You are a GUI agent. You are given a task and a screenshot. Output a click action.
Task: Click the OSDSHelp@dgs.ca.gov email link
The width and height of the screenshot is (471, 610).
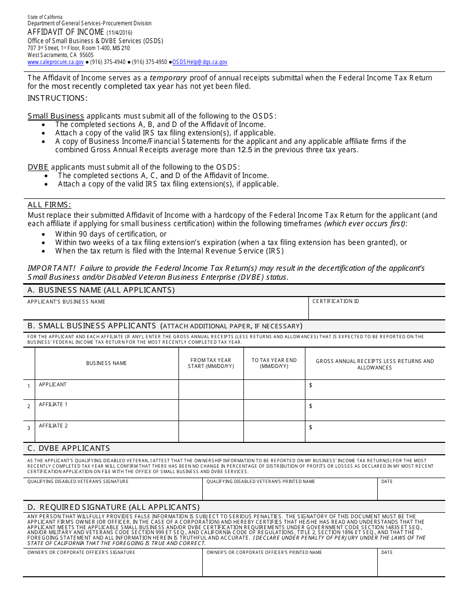pyautogui.click(x=200, y=62)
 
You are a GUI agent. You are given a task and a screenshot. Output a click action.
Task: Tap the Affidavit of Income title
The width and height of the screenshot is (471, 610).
pyautogui.click(x=65, y=32)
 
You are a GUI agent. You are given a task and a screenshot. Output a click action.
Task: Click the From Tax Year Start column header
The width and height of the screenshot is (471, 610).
pyautogui.click(x=211, y=363)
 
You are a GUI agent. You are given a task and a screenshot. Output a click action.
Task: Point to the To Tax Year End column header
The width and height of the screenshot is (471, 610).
pyautogui.click(x=274, y=363)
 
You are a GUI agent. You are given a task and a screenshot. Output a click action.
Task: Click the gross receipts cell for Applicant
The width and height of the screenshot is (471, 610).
pyautogui.click(x=375, y=389)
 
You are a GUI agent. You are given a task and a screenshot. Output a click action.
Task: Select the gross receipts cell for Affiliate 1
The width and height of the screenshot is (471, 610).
pyautogui.click(x=375, y=410)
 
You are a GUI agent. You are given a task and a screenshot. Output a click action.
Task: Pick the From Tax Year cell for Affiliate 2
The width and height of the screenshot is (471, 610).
pyautogui.click(x=211, y=431)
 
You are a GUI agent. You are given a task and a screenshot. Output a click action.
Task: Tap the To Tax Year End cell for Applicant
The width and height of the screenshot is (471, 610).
pyautogui.click(x=274, y=389)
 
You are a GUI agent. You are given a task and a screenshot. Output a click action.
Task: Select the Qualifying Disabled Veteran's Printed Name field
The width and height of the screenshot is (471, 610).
pyautogui.click(x=290, y=491)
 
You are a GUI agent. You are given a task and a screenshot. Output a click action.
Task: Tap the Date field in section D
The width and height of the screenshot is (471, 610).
pyautogui.click(x=411, y=565)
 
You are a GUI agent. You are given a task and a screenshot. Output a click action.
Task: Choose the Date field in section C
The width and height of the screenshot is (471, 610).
pyautogui.click(x=411, y=491)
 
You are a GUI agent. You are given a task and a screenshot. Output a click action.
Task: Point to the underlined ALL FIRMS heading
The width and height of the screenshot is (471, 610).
pyautogui.click(x=49, y=205)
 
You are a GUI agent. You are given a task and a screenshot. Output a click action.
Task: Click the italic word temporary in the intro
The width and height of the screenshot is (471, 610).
pyautogui.click(x=168, y=78)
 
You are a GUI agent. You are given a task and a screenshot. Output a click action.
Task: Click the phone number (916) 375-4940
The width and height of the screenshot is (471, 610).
pyautogui.click(x=106, y=62)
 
